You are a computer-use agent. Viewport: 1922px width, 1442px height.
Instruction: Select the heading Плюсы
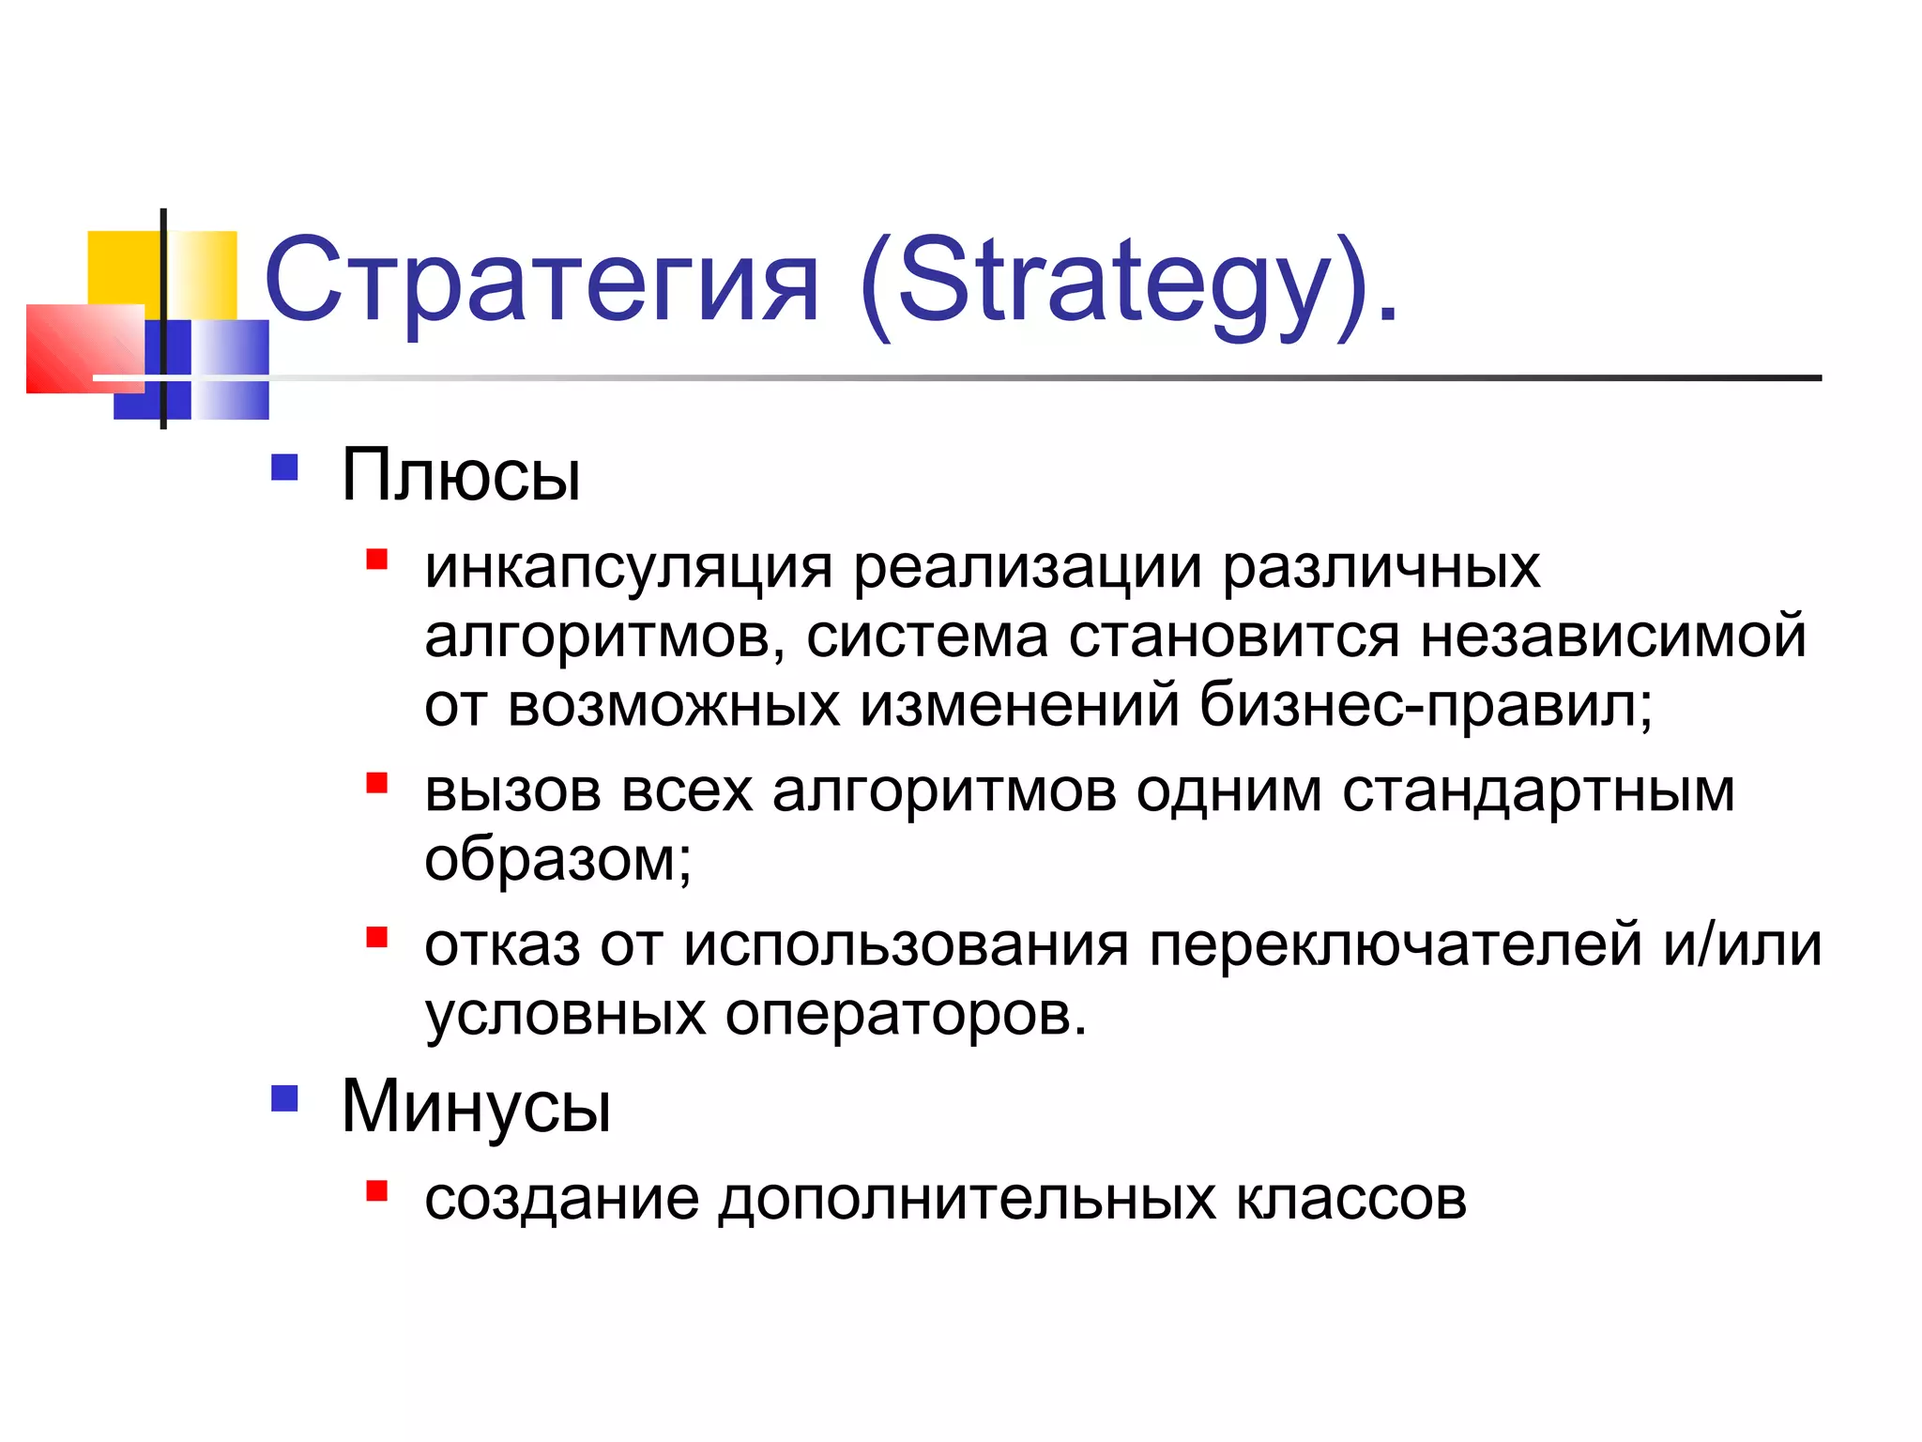460,475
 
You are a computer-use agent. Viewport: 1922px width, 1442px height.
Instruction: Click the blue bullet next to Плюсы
284,468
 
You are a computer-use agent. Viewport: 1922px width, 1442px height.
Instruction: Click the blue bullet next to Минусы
284,1098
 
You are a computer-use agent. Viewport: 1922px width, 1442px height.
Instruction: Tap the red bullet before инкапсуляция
377,560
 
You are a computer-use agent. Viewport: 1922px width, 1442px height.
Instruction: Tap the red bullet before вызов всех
377,783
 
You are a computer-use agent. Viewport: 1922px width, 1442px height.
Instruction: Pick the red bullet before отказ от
377,937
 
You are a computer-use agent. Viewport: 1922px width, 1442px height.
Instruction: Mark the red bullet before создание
377,1191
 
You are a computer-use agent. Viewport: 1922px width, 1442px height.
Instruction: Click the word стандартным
1538,791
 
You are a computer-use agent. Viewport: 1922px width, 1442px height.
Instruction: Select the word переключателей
1396,945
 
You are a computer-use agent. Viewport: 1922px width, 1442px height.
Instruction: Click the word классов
1350,1200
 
